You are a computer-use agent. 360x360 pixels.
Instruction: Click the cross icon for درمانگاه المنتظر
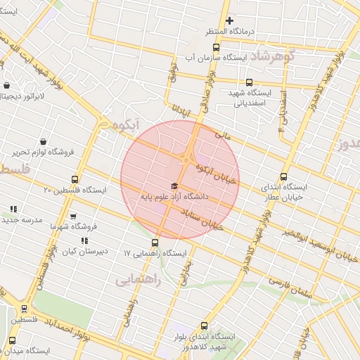click(229, 20)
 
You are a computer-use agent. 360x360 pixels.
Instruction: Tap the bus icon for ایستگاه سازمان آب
click(216, 48)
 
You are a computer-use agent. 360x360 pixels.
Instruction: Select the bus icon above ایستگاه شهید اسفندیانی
click(250, 82)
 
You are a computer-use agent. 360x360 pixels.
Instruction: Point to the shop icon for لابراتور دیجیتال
click(7, 86)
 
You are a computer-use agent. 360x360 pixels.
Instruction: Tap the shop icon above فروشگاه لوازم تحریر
click(44, 141)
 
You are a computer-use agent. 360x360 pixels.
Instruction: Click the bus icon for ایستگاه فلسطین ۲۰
click(75, 179)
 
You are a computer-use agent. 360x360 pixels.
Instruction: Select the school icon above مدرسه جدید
click(13, 209)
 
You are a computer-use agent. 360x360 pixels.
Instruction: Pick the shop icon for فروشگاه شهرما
click(73, 217)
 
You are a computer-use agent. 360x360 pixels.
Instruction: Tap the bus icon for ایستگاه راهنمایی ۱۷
click(155, 243)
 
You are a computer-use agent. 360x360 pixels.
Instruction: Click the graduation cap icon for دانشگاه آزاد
click(174, 186)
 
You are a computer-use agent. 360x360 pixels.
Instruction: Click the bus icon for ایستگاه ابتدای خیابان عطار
click(283, 177)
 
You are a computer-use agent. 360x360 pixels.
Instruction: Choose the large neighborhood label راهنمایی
click(139, 280)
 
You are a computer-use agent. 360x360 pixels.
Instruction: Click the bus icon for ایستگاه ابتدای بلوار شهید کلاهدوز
click(205, 326)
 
